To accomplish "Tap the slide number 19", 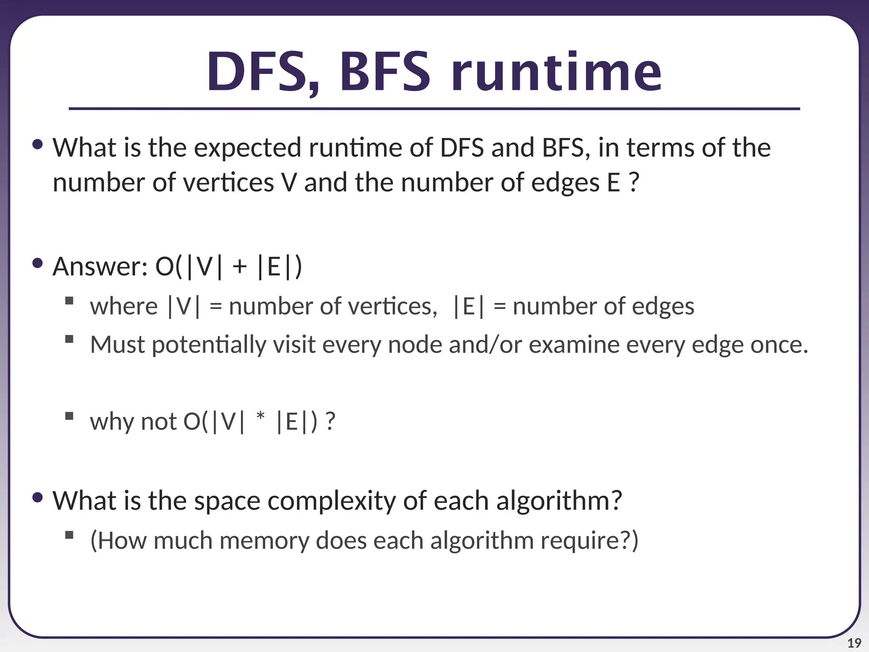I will click(x=854, y=643).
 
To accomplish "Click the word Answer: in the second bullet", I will click(x=100, y=267).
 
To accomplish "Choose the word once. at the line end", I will click(x=779, y=345).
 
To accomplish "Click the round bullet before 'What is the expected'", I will click(x=37, y=145).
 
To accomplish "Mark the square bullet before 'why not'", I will click(x=69, y=416).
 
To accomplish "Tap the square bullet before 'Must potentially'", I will click(x=69, y=339).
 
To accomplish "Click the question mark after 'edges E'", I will click(x=633, y=183).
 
